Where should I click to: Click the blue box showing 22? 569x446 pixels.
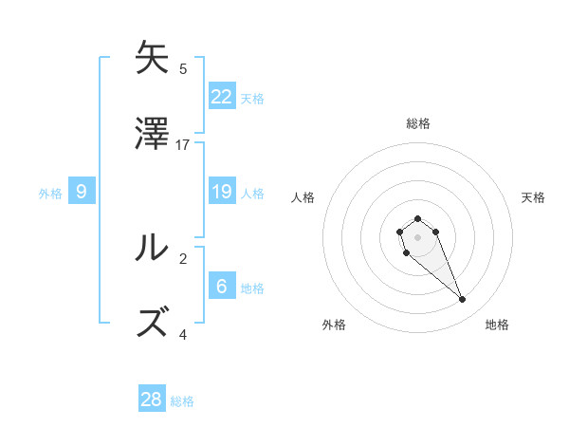coord(222,97)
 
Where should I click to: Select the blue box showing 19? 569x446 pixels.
coord(222,192)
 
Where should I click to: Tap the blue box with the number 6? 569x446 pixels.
coord(222,287)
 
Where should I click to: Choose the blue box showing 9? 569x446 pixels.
coord(82,192)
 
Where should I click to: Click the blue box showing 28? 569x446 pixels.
coord(152,400)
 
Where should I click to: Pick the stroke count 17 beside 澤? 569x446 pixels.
coord(184,145)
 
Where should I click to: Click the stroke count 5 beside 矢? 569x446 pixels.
coord(183,69)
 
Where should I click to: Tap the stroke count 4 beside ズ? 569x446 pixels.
coord(183,334)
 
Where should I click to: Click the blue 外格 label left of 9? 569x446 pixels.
coord(50,194)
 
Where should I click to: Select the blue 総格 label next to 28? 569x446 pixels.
coord(182,401)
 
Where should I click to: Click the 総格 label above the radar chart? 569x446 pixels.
coord(418,123)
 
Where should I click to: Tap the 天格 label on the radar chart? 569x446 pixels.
coord(533,197)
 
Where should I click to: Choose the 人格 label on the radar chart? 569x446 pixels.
coord(303,197)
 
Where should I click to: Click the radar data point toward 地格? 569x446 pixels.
coord(463,300)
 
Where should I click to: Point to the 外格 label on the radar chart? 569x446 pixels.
coord(334,325)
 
